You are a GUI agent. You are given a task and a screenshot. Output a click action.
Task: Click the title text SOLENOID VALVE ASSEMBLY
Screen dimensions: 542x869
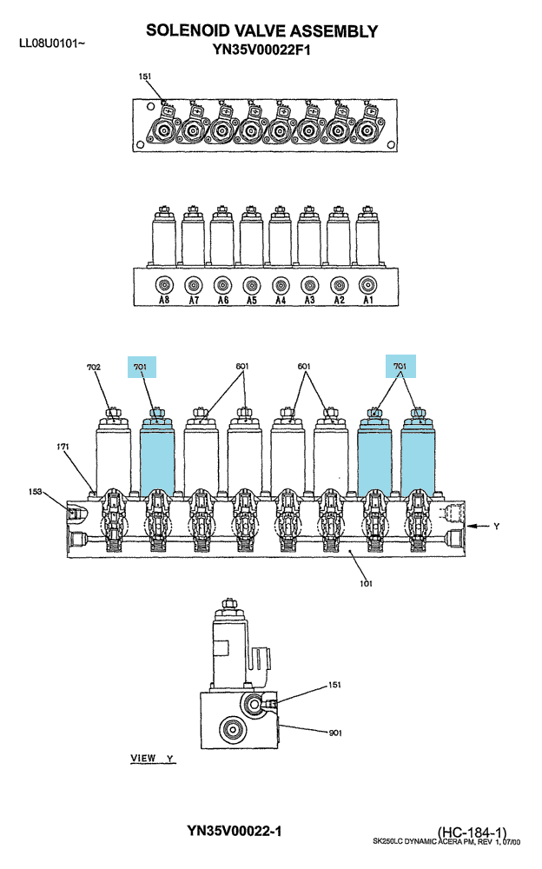(261, 31)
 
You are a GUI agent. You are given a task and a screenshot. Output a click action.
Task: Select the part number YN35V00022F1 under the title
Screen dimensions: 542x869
(261, 50)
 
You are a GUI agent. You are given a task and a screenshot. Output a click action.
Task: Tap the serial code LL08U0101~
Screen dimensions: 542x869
(52, 43)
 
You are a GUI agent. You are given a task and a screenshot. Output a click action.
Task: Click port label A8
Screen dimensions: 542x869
(164, 300)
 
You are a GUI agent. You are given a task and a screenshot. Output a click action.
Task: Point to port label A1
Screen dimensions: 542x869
(368, 300)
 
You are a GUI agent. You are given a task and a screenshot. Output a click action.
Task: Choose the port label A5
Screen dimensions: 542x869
(252, 300)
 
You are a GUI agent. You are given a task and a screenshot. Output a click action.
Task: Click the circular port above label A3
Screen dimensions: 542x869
(309, 285)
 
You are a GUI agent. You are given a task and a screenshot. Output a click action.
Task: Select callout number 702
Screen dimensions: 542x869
(94, 367)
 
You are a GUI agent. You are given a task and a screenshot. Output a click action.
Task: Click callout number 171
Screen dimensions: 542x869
(63, 446)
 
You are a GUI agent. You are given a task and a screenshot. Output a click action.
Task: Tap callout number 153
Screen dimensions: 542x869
(36, 492)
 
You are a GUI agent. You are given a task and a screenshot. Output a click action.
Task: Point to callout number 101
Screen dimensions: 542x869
(366, 583)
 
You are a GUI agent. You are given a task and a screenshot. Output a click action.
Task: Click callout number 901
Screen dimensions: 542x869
(335, 733)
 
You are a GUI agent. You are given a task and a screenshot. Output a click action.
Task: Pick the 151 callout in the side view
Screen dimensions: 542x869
(334, 685)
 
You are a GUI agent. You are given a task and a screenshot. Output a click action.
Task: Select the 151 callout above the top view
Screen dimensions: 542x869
(145, 76)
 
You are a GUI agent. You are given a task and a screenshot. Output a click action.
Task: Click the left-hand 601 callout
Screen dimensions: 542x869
(242, 367)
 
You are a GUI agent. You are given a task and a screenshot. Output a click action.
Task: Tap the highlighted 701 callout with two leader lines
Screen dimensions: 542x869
(400, 367)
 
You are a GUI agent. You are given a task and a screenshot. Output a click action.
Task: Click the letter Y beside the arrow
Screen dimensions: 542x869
(497, 526)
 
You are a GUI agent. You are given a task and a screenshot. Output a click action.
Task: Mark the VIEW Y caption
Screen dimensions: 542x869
(152, 758)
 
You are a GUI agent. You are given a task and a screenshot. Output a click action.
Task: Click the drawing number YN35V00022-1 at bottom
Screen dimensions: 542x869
(234, 831)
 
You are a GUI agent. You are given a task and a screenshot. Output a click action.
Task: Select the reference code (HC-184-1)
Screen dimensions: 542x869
(472, 833)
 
